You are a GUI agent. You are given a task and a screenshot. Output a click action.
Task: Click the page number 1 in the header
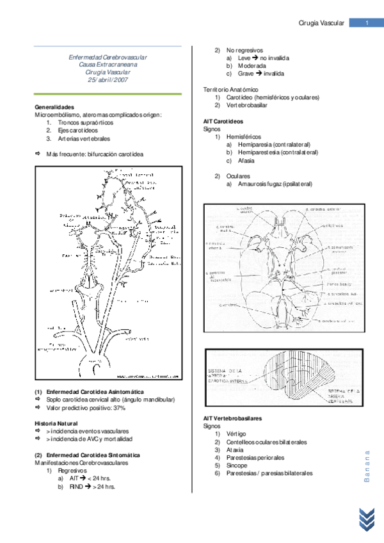367,24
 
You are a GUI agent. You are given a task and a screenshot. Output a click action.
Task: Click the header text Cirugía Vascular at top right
322,24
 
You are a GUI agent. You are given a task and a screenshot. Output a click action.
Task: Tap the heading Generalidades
54,107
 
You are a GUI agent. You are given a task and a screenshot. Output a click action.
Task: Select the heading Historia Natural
56,423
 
